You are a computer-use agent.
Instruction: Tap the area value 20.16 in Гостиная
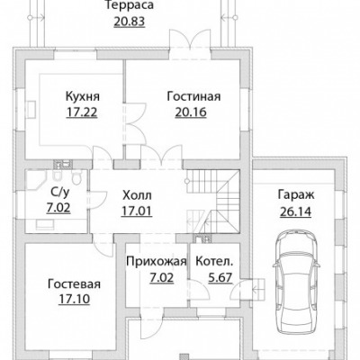pos(191,112)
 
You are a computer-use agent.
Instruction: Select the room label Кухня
pos(82,97)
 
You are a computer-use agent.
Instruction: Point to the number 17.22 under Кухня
pos(82,112)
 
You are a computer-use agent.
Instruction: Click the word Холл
pos(137,195)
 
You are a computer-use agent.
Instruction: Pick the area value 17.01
pos(137,211)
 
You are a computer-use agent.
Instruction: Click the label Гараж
pos(296,194)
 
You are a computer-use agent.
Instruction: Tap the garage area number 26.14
pos(296,211)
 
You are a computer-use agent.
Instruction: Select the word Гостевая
pos(74,283)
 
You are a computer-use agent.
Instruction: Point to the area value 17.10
pos(74,299)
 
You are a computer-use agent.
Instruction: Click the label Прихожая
pos(157,262)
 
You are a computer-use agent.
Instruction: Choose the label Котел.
pos(214,262)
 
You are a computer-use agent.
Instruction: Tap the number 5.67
pos(220,277)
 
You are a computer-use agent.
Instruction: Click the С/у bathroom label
pos(58,193)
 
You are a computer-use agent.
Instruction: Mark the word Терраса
pos(130,5)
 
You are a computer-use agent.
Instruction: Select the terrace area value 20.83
pos(130,22)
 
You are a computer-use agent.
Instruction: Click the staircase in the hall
pos(213,202)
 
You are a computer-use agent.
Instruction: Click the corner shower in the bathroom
pos(36,181)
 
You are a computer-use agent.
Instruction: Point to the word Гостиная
pos(193,96)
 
